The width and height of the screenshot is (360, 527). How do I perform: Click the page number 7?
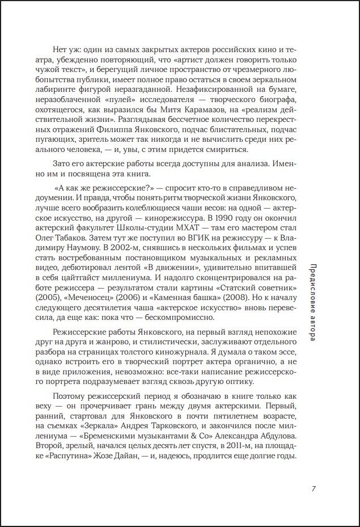(314, 488)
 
